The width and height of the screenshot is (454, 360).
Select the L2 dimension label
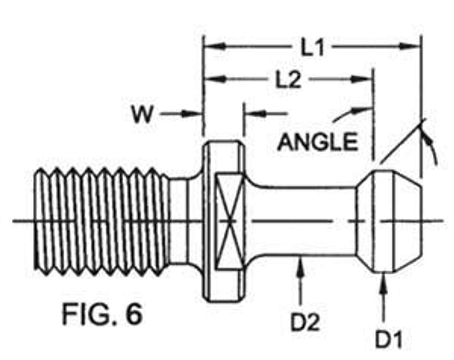click(288, 80)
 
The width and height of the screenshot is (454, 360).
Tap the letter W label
click(142, 114)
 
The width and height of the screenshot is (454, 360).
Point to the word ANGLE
click(317, 142)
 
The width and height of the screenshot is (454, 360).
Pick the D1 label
click(389, 339)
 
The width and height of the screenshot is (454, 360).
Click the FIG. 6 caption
click(102, 314)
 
